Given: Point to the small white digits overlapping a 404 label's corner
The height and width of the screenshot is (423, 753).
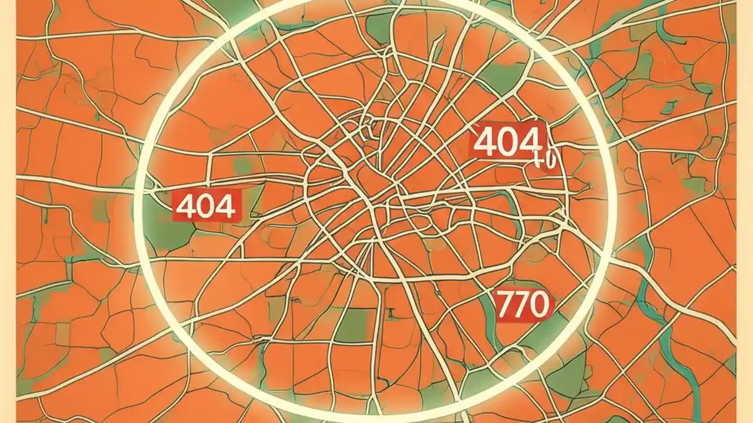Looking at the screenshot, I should [x=547, y=160].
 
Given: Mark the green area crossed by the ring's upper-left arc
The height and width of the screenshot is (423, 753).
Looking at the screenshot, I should [x=229, y=12].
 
